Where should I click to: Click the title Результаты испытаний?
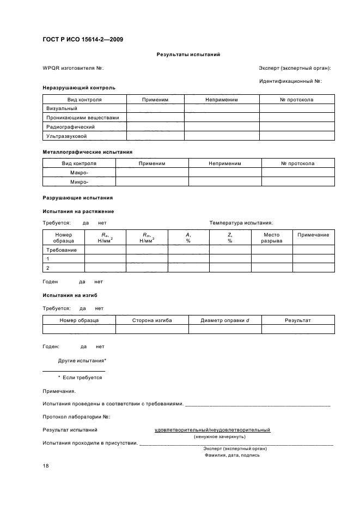(x=188, y=54)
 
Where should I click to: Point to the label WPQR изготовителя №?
(x=73, y=68)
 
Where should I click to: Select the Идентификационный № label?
(x=290, y=81)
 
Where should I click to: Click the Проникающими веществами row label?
(x=82, y=117)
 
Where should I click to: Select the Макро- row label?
(x=80, y=172)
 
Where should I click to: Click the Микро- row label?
(x=80, y=181)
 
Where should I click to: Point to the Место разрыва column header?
(x=271, y=238)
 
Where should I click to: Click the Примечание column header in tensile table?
(x=313, y=235)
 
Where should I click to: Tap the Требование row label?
(x=62, y=250)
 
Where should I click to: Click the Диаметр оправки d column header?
(x=224, y=320)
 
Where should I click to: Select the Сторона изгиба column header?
(x=152, y=320)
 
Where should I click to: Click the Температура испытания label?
(x=241, y=223)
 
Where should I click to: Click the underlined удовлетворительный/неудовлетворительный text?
(x=212, y=430)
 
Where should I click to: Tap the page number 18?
(x=46, y=466)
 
